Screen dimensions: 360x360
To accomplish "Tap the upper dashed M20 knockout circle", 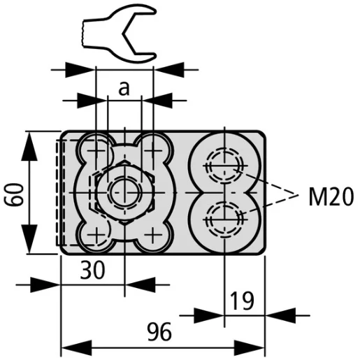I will click(223, 166).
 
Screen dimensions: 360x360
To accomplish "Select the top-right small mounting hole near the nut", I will click(152, 150).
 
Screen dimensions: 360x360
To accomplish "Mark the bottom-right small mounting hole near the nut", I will click(152, 233).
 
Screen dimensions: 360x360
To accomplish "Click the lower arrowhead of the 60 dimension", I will click(31, 246).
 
